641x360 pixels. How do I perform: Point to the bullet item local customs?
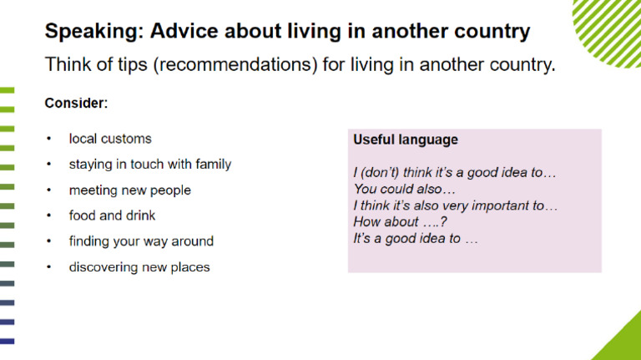click(x=110, y=139)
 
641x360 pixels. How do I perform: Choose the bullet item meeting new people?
click(x=129, y=190)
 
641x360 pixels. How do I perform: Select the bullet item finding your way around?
click(x=141, y=241)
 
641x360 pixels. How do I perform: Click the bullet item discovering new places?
click(x=139, y=267)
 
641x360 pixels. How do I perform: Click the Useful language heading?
click(x=405, y=140)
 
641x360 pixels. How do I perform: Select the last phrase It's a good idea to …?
click(x=415, y=238)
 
